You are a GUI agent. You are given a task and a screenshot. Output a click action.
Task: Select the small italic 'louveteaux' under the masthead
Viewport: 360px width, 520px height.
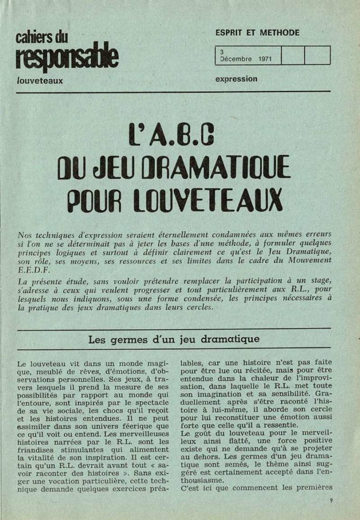coord(40,81)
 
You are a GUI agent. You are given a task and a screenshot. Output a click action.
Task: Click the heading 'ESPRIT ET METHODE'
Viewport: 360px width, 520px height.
coord(257,33)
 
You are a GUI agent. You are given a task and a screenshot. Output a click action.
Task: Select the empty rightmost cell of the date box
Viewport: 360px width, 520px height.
coord(317,55)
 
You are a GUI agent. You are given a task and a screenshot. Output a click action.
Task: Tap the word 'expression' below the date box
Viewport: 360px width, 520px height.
coord(236,79)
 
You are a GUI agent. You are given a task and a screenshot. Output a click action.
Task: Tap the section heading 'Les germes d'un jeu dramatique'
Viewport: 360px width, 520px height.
coord(174,339)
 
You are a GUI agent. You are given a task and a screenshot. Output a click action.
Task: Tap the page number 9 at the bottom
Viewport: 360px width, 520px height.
coord(331,500)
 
